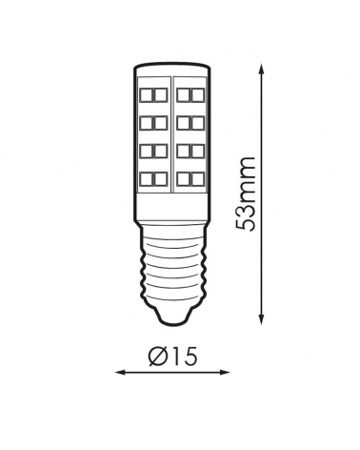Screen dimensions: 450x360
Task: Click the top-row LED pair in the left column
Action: (x=153, y=94)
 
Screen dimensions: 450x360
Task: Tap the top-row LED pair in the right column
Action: (x=190, y=94)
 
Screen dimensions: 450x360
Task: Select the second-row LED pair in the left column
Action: (x=153, y=122)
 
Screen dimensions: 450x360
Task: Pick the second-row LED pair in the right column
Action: (x=190, y=122)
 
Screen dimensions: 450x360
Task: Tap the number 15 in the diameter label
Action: (x=181, y=358)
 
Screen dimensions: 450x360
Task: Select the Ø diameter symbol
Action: (x=158, y=358)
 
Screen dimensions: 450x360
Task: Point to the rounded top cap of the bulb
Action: (x=172, y=68)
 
